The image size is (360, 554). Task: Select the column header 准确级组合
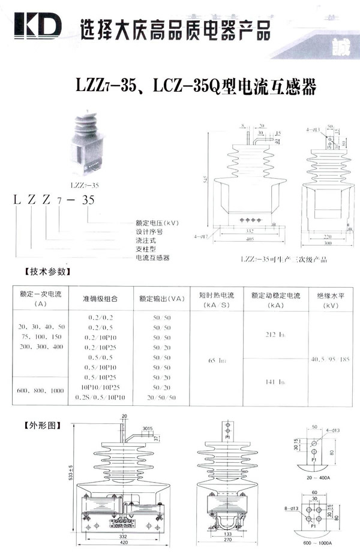click(x=100, y=298)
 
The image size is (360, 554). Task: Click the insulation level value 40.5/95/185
click(x=328, y=360)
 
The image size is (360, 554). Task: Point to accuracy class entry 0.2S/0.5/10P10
click(x=101, y=398)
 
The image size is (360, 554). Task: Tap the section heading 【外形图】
click(x=41, y=426)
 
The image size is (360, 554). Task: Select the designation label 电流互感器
click(x=153, y=258)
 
